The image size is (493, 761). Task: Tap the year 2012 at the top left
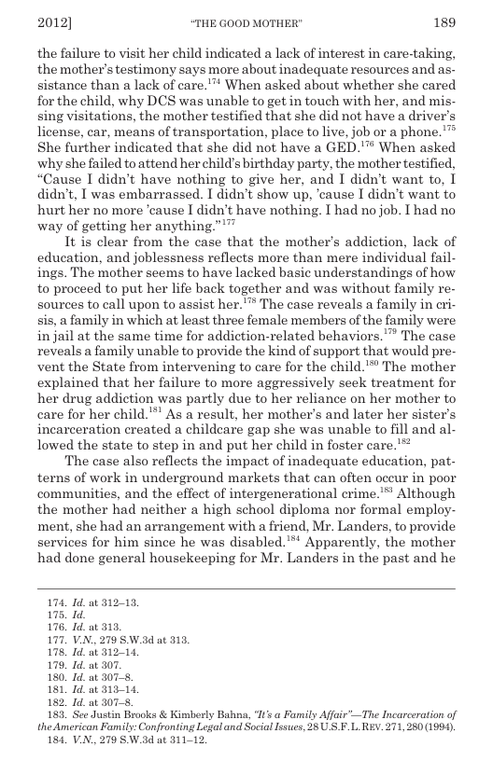(55, 19)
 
